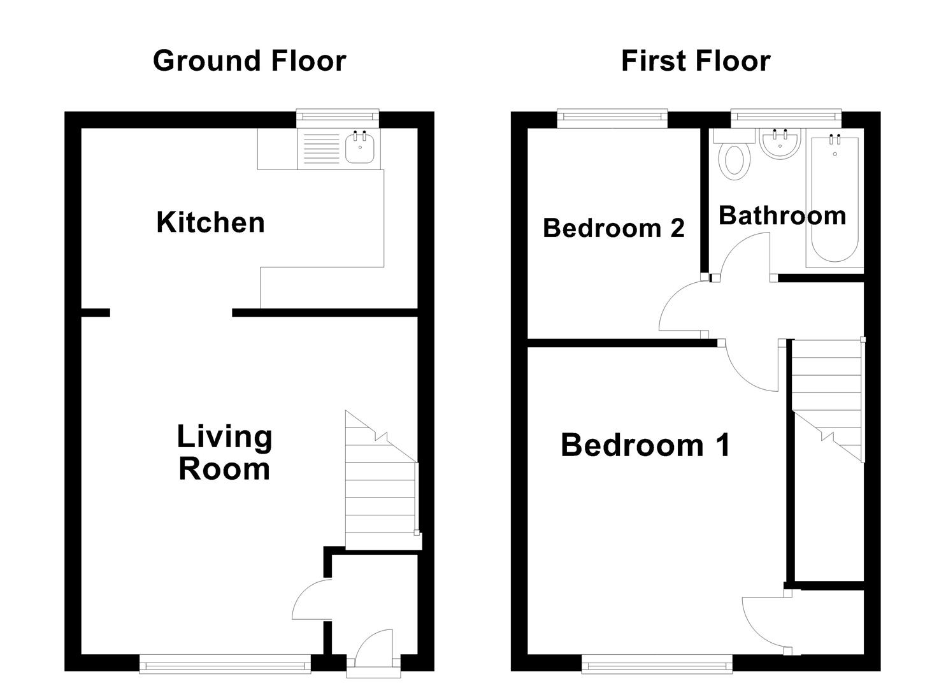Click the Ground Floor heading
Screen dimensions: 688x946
[x=249, y=61]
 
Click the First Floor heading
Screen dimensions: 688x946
[x=696, y=61]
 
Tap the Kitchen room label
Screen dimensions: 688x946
[x=210, y=222]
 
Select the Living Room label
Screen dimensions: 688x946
[x=224, y=453]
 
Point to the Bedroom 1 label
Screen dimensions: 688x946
[x=645, y=445]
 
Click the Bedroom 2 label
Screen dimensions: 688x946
[x=613, y=227]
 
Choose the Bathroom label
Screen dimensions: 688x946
[x=782, y=216]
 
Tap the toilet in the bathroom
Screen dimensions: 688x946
[x=733, y=159]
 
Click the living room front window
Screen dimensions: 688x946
[x=225, y=666]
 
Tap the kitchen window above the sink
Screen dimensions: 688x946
[x=338, y=116]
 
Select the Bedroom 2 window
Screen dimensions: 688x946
[x=612, y=116]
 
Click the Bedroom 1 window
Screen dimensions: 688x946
[x=657, y=666]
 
